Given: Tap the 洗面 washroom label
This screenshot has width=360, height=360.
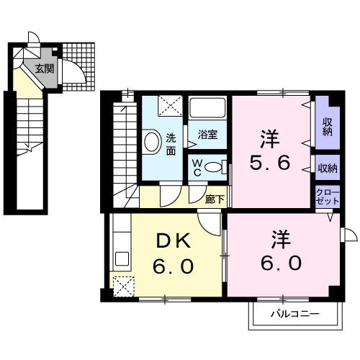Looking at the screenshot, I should click(x=171, y=145).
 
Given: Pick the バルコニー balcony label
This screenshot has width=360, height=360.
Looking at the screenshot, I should click(x=294, y=314).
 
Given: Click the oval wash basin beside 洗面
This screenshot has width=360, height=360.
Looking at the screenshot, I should click(x=152, y=142).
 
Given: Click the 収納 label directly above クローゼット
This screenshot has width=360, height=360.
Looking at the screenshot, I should click(x=327, y=168).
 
